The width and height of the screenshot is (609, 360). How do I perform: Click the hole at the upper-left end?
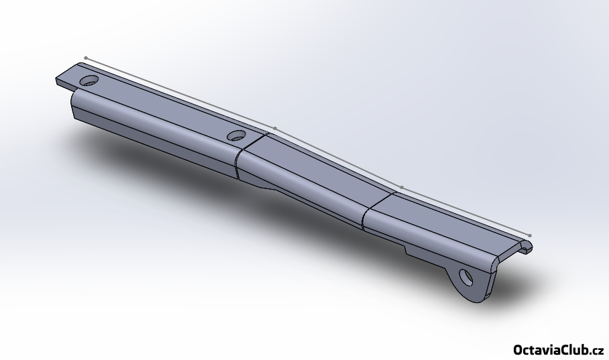[x=89, y=80]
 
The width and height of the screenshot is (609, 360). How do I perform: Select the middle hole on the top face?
[x=236, y=135]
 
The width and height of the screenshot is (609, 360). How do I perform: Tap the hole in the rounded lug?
[x=466, y=278]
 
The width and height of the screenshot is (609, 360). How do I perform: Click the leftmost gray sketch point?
[x=86, y=58]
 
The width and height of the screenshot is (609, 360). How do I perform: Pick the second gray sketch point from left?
[x=275, y=128]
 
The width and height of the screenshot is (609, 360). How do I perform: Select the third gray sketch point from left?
[x=402, y=188]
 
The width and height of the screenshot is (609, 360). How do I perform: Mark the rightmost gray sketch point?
[x=530, y=235]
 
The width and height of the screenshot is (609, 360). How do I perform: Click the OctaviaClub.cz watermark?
[x=559, y=349]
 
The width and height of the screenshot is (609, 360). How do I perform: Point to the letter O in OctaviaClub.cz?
[x=518, y=349]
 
